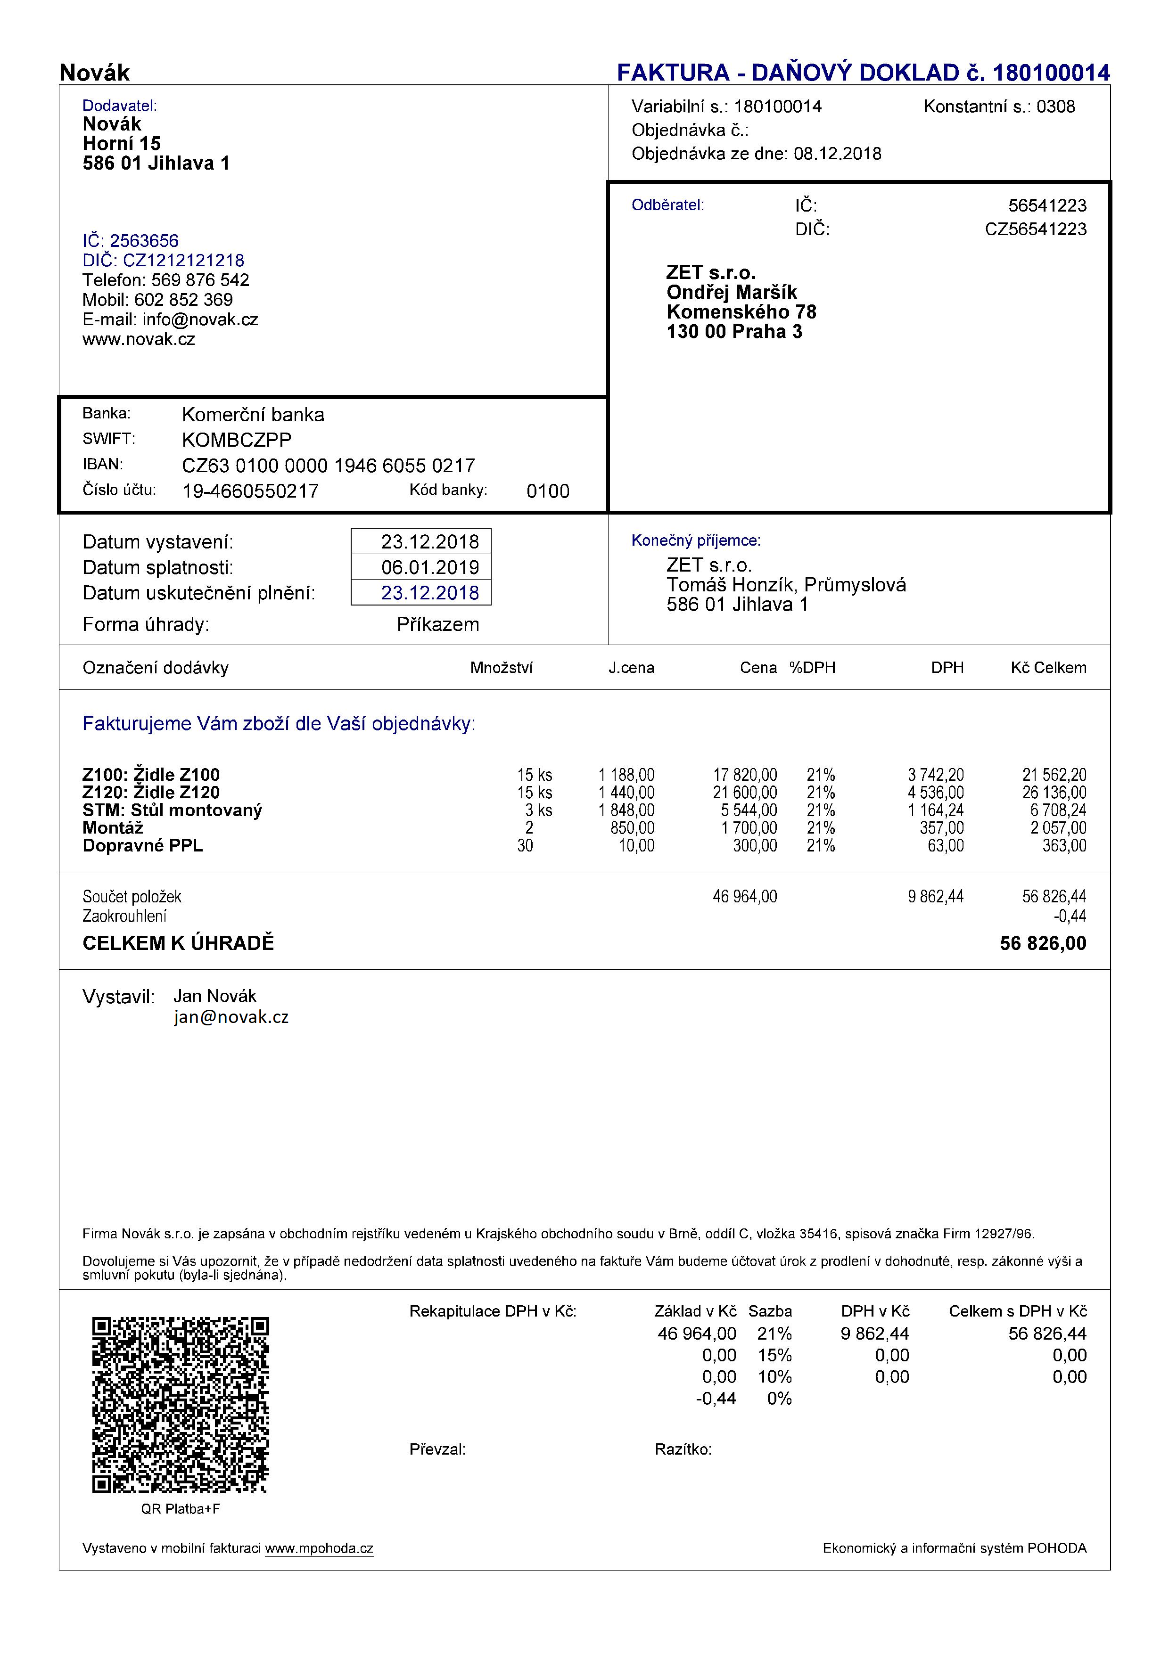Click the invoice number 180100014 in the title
tap(1051, 73)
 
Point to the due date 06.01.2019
tap(430, 567)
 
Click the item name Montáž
tap(113, 828)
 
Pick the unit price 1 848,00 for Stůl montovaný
tap(626, 810)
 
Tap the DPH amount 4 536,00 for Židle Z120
tap(936, 793)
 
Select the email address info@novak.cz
tap(200, 319)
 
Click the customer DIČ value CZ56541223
tap(1035, 229)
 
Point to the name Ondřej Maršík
tap(731, 292)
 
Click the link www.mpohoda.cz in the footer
tap(319, 1548)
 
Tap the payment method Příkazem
tap(438, 624)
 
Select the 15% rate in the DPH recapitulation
tap(774, 1356)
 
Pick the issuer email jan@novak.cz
tap(231, 1017)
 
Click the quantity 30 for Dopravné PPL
tap(525, 846)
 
